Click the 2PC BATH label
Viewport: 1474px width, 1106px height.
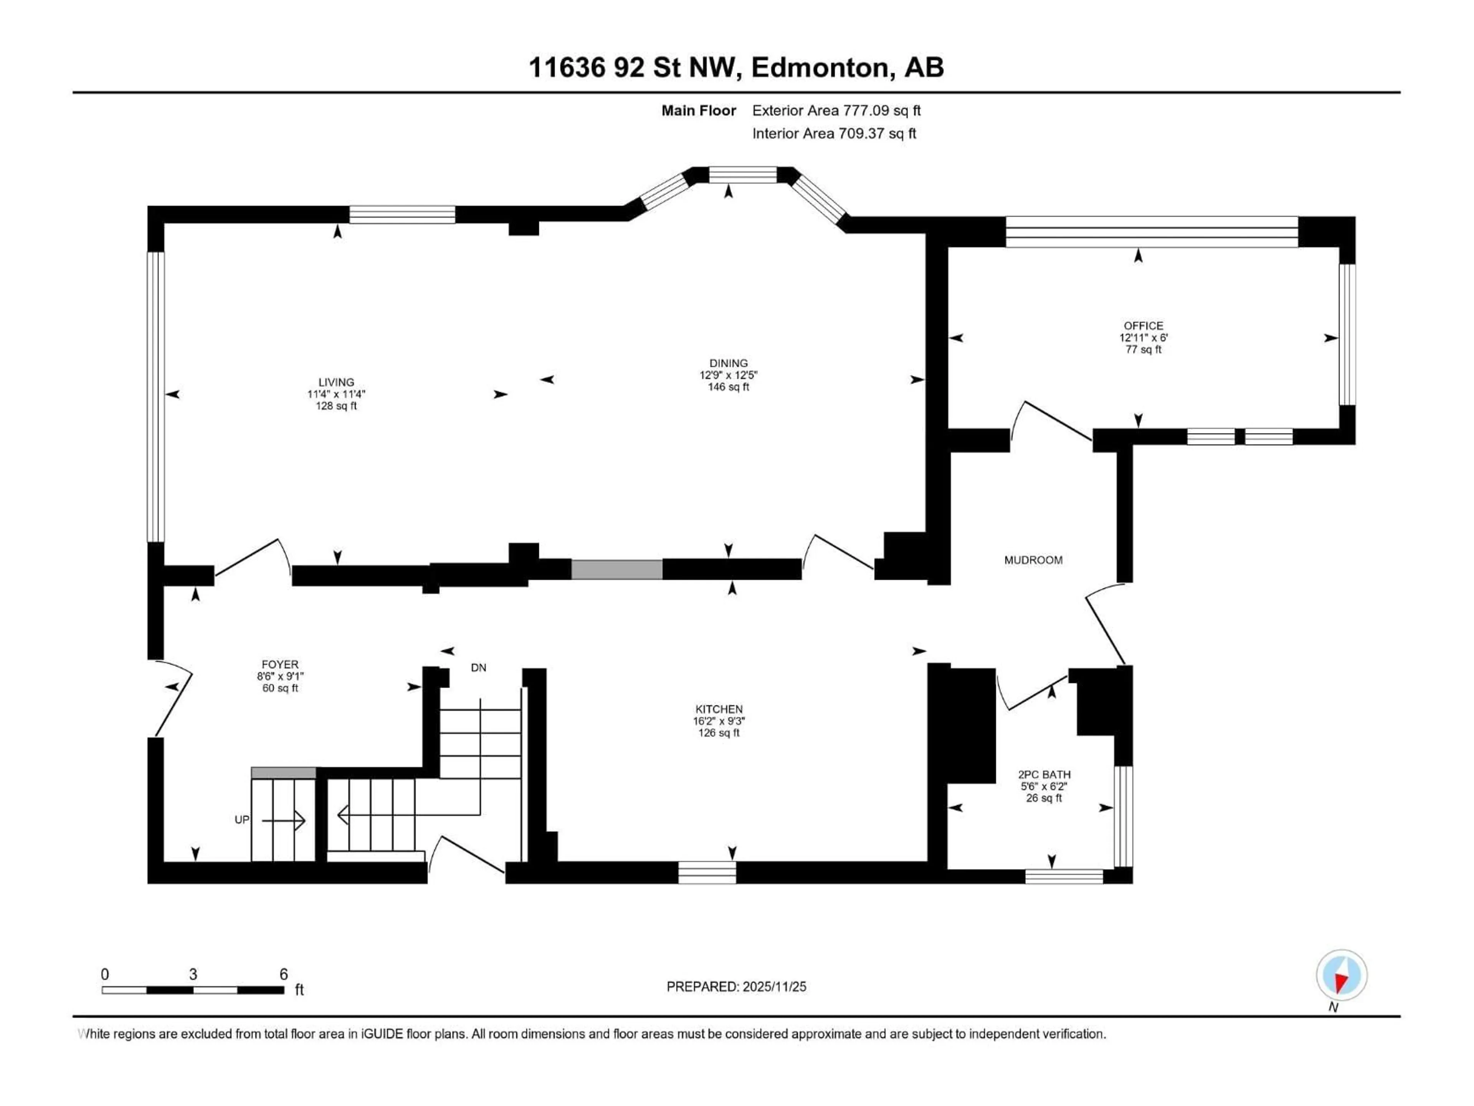[x=1044, y=775]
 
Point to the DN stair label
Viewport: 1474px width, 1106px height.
[x=478, y=667]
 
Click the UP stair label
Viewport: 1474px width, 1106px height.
[x=242, y=820]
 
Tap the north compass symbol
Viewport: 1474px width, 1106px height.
[x=1342, y=975]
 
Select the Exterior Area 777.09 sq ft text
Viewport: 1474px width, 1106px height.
[x=836, y=111]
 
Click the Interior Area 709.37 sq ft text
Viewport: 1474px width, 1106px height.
[x=834, y=133]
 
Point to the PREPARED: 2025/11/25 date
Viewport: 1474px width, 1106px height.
[x=736, y=987]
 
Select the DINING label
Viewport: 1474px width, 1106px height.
[x=728, y=363]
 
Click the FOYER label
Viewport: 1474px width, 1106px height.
[x=280, y=665]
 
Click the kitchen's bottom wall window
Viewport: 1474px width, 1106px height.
[x=707, y=872]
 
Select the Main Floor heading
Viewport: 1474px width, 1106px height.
[x=698, y=111]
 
